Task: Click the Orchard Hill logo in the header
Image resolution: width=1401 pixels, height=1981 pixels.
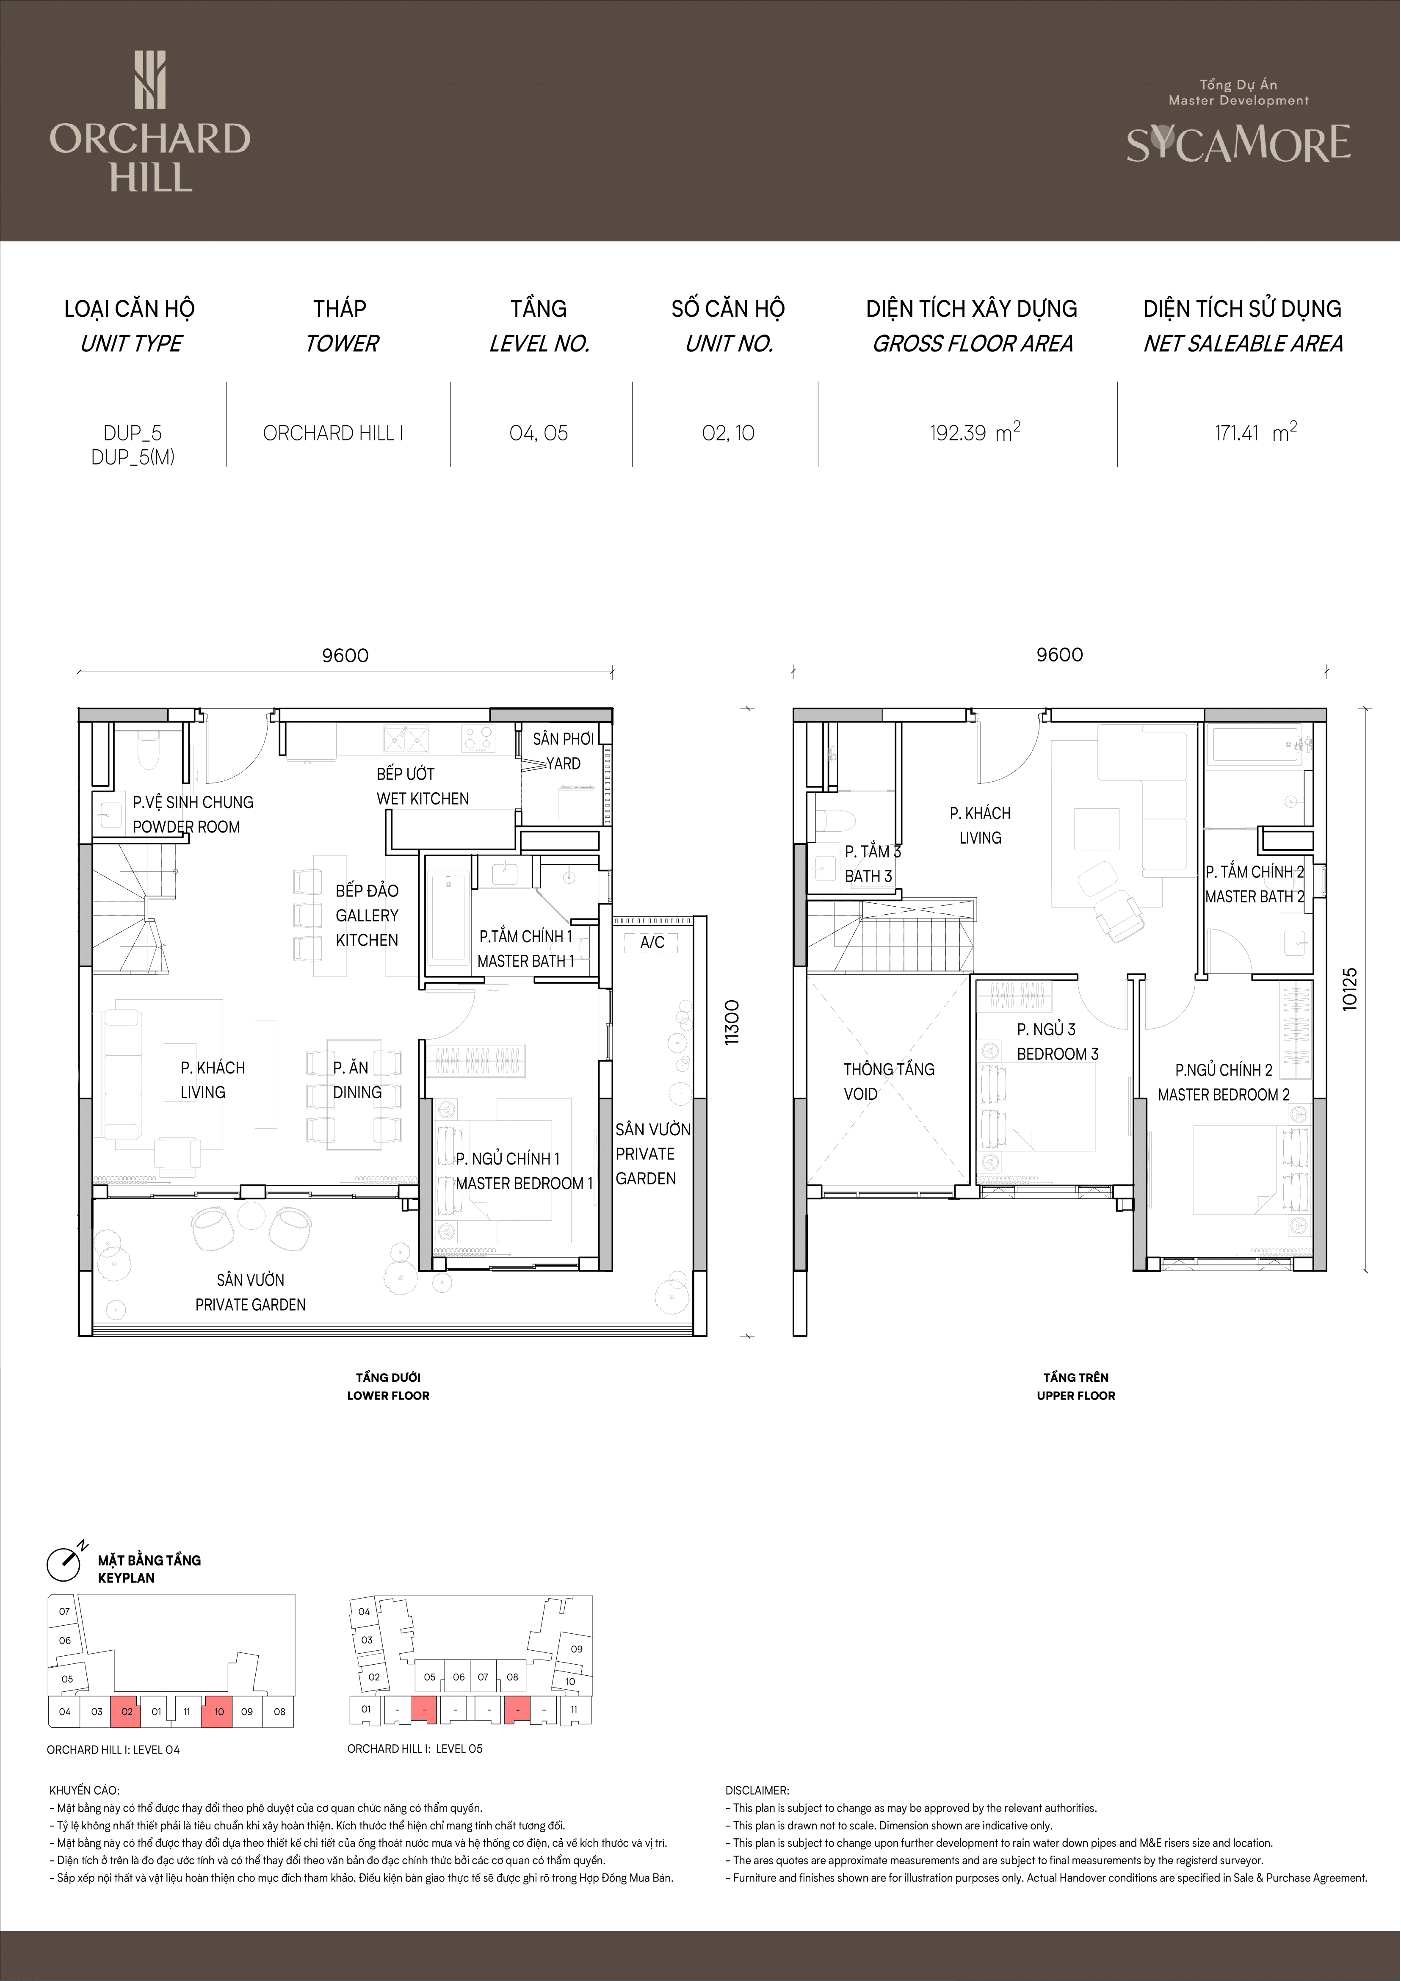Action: [150, 121]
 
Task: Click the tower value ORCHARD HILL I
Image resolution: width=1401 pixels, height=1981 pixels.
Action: [333, 433]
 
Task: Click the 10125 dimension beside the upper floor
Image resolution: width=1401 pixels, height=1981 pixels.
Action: [1350, 989]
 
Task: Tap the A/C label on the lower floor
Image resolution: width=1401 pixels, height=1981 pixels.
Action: [652, 942]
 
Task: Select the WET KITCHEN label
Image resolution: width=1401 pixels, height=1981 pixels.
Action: [423, 799]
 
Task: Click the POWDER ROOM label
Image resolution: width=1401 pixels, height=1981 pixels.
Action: [186, 827]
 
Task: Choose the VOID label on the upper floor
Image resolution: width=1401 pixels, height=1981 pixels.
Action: [861, 1094]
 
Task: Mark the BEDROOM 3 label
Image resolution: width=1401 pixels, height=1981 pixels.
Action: [1058, 1054]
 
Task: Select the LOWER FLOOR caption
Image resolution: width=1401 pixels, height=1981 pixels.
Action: [388, 1395]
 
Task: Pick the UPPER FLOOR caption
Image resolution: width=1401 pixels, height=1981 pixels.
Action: [1076, 1395]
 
